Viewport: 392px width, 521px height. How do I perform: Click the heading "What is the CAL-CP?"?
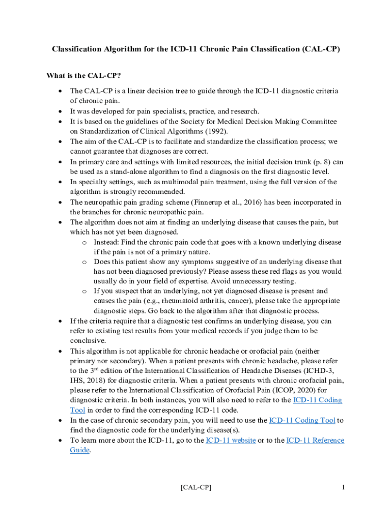(x=83, y=76)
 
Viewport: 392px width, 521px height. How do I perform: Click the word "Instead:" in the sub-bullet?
(x=108, y=242)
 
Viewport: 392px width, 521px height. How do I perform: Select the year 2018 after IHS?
(x=97, y=381)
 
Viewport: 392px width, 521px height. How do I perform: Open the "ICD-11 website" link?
(x=230, y=441)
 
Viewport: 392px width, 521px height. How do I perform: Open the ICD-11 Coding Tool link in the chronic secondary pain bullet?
(x=302, y=420)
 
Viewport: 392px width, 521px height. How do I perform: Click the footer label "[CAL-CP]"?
(x=196, y=488)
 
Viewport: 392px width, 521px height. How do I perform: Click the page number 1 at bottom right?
(x=344, y=488)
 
